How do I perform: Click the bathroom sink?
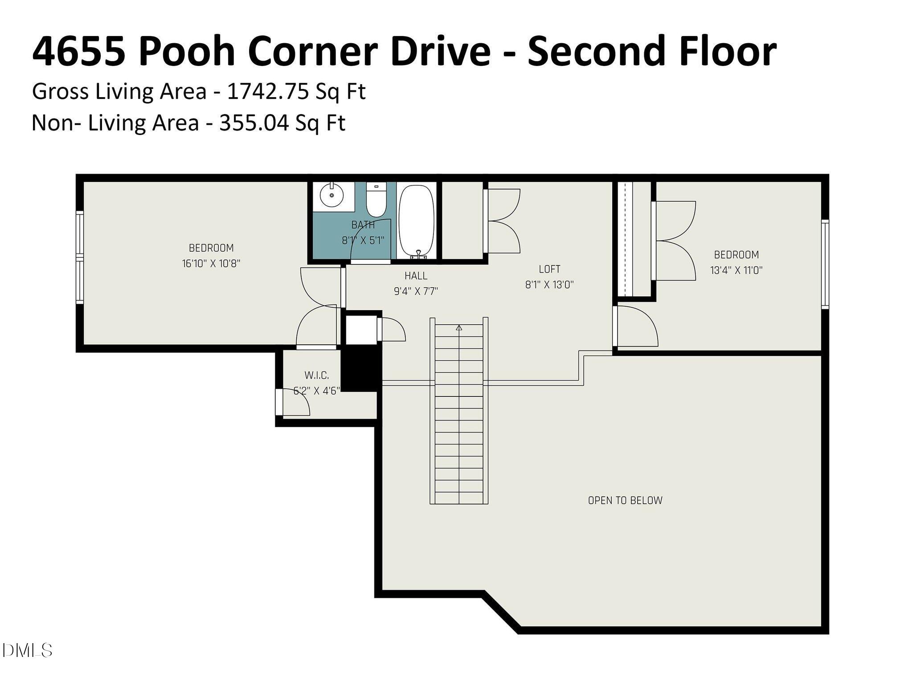click(x=331, y=196)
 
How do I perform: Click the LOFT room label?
click(x=549, y=269)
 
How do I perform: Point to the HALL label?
click(x=416, y=276)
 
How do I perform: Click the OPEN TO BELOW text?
click(x=625, y=500)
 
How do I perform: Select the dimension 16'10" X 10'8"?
click(x=211, y=263)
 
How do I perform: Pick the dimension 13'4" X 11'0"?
click(x=736, y=270)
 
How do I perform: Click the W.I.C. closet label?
click(x=317, y=375)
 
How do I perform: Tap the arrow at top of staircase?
click(x=459, y=328)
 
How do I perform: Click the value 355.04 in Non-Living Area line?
click(x=254, y=122)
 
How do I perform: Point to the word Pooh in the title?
click(x=186, y=52)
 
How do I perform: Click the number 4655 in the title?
click(x=78, y=52)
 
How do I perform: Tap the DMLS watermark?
click(x=27, y=651)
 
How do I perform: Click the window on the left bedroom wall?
click(x=80, y=257)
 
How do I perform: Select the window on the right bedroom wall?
click(x=825, y=264)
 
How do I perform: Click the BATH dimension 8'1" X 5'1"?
click(x=363, y=241)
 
